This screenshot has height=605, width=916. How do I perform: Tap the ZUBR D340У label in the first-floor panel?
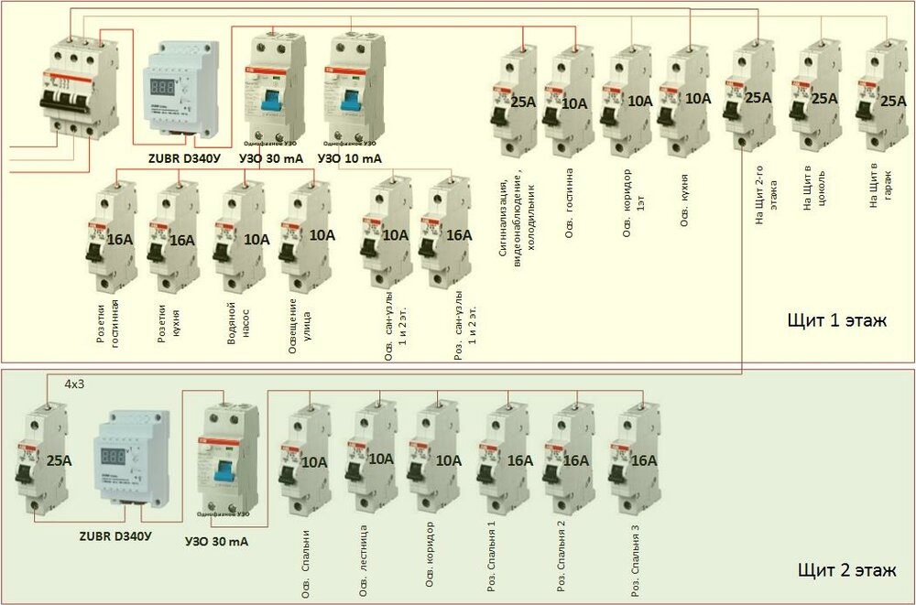coord(184,157)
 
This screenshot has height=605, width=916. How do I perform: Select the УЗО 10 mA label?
coord(350,158)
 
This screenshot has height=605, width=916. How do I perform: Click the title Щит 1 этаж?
coord(837,320)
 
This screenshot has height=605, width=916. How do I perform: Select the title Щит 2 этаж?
coord(839,573)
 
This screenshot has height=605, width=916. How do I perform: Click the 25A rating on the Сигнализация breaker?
coord(523,102)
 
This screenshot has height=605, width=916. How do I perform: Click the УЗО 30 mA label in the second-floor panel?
coord(216,542)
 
